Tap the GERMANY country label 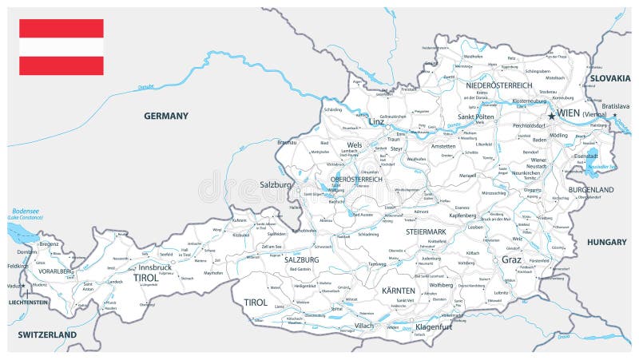166,116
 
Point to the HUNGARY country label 606,241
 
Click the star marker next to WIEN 551,116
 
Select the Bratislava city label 616,106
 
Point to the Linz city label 377,122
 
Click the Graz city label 511,259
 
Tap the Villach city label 364,326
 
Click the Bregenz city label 50,243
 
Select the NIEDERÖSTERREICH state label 499,85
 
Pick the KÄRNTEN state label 399,291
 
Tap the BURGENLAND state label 591,190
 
